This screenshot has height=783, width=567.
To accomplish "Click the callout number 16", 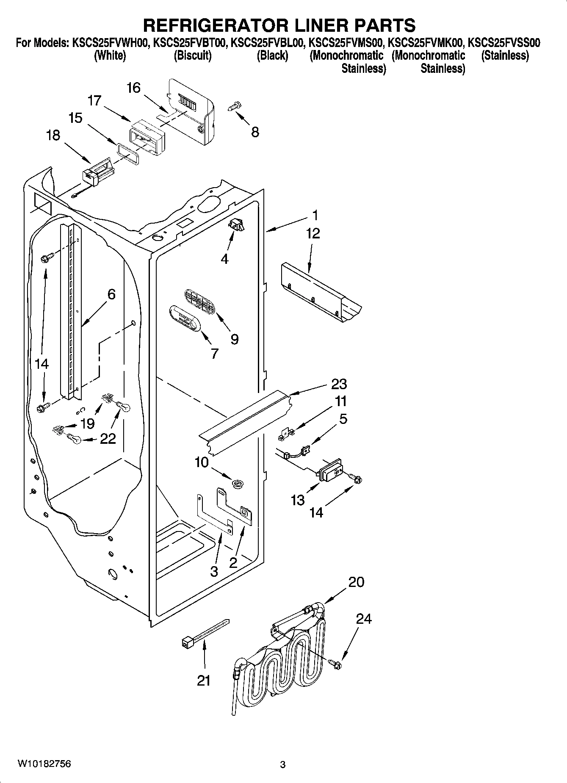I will click(133, 88).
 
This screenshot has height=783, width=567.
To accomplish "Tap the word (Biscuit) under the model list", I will click(192, 55).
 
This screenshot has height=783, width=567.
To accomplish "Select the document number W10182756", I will click(44, 764).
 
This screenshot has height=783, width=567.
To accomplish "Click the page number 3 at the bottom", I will click(283, 765).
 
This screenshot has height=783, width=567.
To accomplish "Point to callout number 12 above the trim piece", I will click(313, 233).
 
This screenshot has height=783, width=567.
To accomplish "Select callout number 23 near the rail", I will click(339, 384).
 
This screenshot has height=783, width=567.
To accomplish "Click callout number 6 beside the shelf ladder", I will click(111, 294).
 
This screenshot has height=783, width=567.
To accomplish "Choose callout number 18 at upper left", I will click(53, 136).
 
